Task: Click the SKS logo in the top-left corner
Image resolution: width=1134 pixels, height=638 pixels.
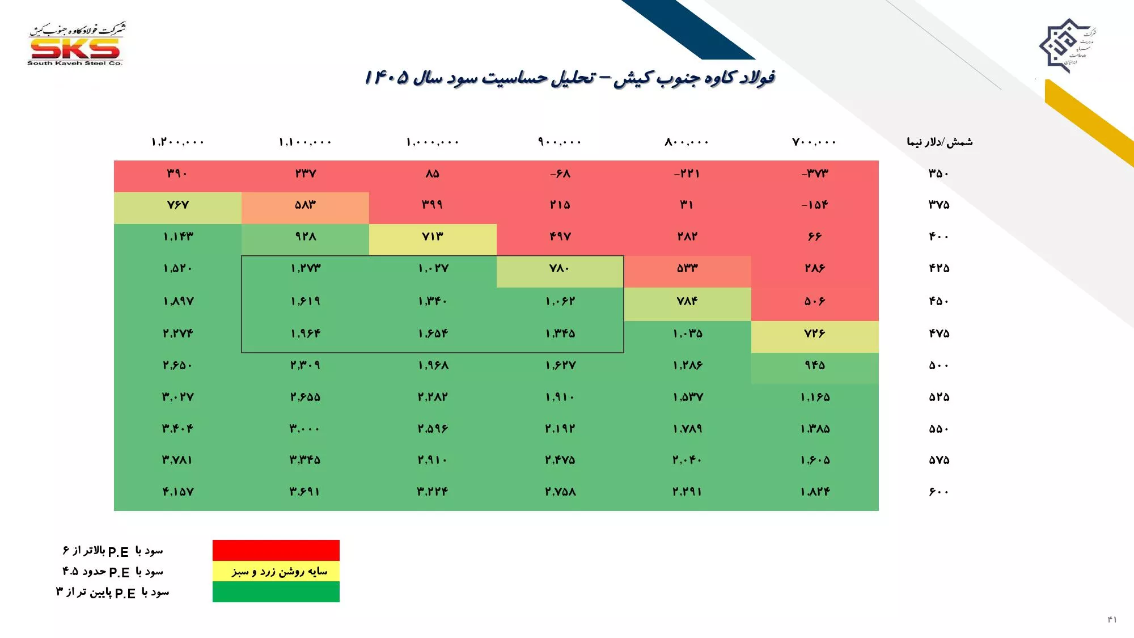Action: coord(75,45)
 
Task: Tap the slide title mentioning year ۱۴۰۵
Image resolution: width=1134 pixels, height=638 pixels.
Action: coord(569,77)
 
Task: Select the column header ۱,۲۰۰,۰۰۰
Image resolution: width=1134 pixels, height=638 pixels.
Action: coord(177,142)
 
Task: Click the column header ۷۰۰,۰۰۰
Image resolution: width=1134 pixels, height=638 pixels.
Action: coord(814,142)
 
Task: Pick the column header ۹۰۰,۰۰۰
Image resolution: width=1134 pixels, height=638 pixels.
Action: coord(560,142)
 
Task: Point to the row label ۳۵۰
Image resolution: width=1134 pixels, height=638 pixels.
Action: coord(938,174)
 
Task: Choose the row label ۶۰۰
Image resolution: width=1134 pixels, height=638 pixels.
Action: coord(938,492)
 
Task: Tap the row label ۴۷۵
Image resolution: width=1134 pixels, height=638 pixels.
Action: coord(938,333)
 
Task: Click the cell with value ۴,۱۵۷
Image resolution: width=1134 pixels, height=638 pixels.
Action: coord(177,492)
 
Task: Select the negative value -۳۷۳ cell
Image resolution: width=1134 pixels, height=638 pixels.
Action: coord(815,174)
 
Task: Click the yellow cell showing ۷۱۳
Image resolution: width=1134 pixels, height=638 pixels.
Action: coord(433,236)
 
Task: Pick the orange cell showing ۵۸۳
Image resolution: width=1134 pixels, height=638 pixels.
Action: coord(305,205)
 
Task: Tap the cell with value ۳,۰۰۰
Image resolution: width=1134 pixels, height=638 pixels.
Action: coord(305,429)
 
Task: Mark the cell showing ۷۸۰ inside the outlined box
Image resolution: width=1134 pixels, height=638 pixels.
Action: coord(560,268)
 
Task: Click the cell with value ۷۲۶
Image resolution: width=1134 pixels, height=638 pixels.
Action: coord(815,333)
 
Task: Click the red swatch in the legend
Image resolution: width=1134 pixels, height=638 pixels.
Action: coord(276,550)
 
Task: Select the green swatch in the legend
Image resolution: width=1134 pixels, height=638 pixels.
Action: coord(276,591)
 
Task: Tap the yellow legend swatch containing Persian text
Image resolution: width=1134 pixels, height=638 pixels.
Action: coord(276,571)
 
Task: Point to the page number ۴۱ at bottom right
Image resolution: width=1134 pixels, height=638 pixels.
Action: coord(1112,619)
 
